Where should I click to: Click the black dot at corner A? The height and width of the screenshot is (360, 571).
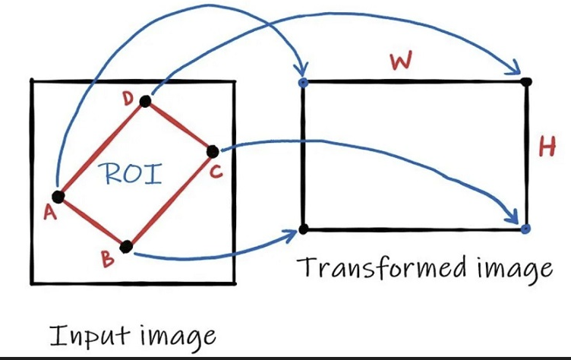[x=58, y=197]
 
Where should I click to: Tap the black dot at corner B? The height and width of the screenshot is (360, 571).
[x=127, y=246]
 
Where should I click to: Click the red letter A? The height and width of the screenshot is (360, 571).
[x=50, y=215]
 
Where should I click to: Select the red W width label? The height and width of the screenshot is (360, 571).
[x=402, y=62]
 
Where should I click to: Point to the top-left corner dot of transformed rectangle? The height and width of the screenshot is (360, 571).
[x=304, y=81]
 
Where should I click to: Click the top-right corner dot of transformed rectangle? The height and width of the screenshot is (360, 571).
[x=527, y=80]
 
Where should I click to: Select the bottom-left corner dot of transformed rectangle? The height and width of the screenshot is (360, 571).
[x=304, y=228]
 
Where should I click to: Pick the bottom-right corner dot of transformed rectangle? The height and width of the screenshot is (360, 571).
[x=526, y=227]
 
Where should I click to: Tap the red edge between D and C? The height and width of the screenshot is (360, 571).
[x=179, y=125]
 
